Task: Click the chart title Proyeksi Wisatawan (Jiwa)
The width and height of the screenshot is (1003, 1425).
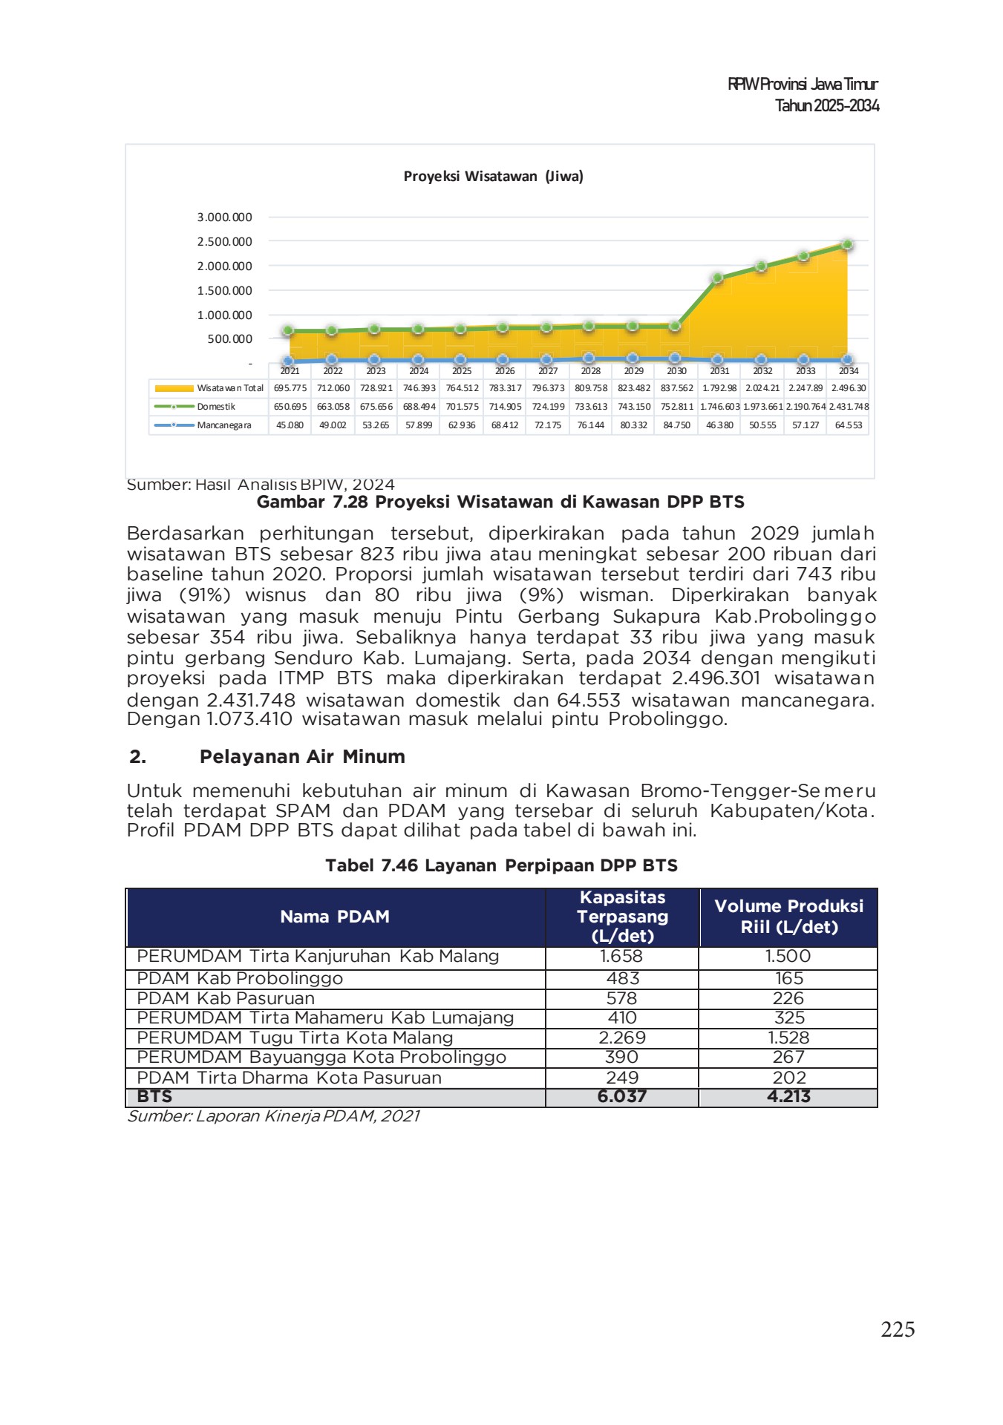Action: coord(493,177)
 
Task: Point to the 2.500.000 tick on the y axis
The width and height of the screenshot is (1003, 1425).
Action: coord(224,241)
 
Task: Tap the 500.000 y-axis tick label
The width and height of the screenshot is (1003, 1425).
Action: coord(229,339)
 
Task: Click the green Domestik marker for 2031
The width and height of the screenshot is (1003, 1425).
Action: coord(717,278)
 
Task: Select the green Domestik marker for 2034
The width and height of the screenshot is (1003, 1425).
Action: coord(847,244)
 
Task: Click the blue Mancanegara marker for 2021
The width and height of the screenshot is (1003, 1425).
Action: coord(290,361)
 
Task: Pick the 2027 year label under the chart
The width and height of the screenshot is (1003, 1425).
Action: coord(548,370)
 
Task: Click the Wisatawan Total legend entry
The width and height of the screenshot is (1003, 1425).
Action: coord(209,388)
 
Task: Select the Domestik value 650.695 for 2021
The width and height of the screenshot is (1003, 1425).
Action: coord(290,407)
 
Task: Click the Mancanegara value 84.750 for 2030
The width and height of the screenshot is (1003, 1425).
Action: coord(676,425)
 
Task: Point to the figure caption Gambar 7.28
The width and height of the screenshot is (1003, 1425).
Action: coord(500,502)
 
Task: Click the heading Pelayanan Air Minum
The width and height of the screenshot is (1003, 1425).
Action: coord(302,756)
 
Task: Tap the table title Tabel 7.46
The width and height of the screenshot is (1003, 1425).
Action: coord(501,865)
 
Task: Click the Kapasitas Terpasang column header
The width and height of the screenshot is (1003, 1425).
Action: coord(622,917)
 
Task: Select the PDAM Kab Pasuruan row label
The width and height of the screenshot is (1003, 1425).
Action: coord(226,998)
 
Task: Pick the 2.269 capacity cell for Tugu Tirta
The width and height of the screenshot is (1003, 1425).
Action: coord(622,1038)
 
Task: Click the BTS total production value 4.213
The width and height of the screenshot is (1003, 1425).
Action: coord(788,1096)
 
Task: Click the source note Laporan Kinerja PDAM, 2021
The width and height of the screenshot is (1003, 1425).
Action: coord(273,1116)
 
